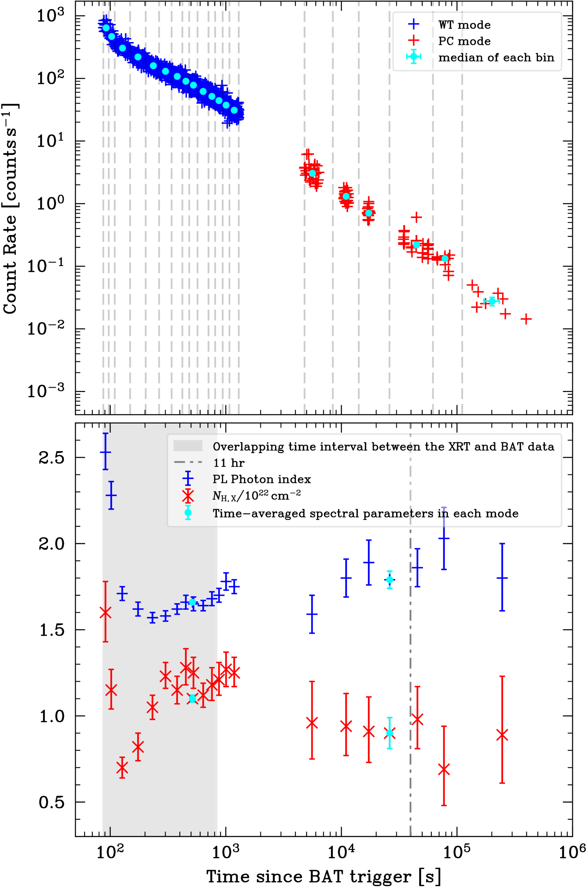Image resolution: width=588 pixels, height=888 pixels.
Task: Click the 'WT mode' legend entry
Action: click(x=464, y=25)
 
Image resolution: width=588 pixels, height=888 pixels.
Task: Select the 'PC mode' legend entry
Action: click(x=464, y=41)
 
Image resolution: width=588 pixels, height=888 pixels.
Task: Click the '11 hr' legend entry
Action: click(x=229, y=463)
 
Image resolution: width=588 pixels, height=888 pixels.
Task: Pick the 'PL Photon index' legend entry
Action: click(x=262, y=479)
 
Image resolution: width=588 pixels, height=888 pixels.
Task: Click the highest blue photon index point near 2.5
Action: click(x=106, y=452)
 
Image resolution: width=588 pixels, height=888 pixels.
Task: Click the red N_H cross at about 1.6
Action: click(x=106, y=613)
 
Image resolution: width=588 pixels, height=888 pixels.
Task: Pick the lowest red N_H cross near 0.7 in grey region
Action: click(x=122, y=768)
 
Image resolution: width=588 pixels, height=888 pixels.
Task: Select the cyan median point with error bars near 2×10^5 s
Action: click(x=492, y=301)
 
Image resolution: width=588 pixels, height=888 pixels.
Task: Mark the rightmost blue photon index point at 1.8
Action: click(x=502, y=578)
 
